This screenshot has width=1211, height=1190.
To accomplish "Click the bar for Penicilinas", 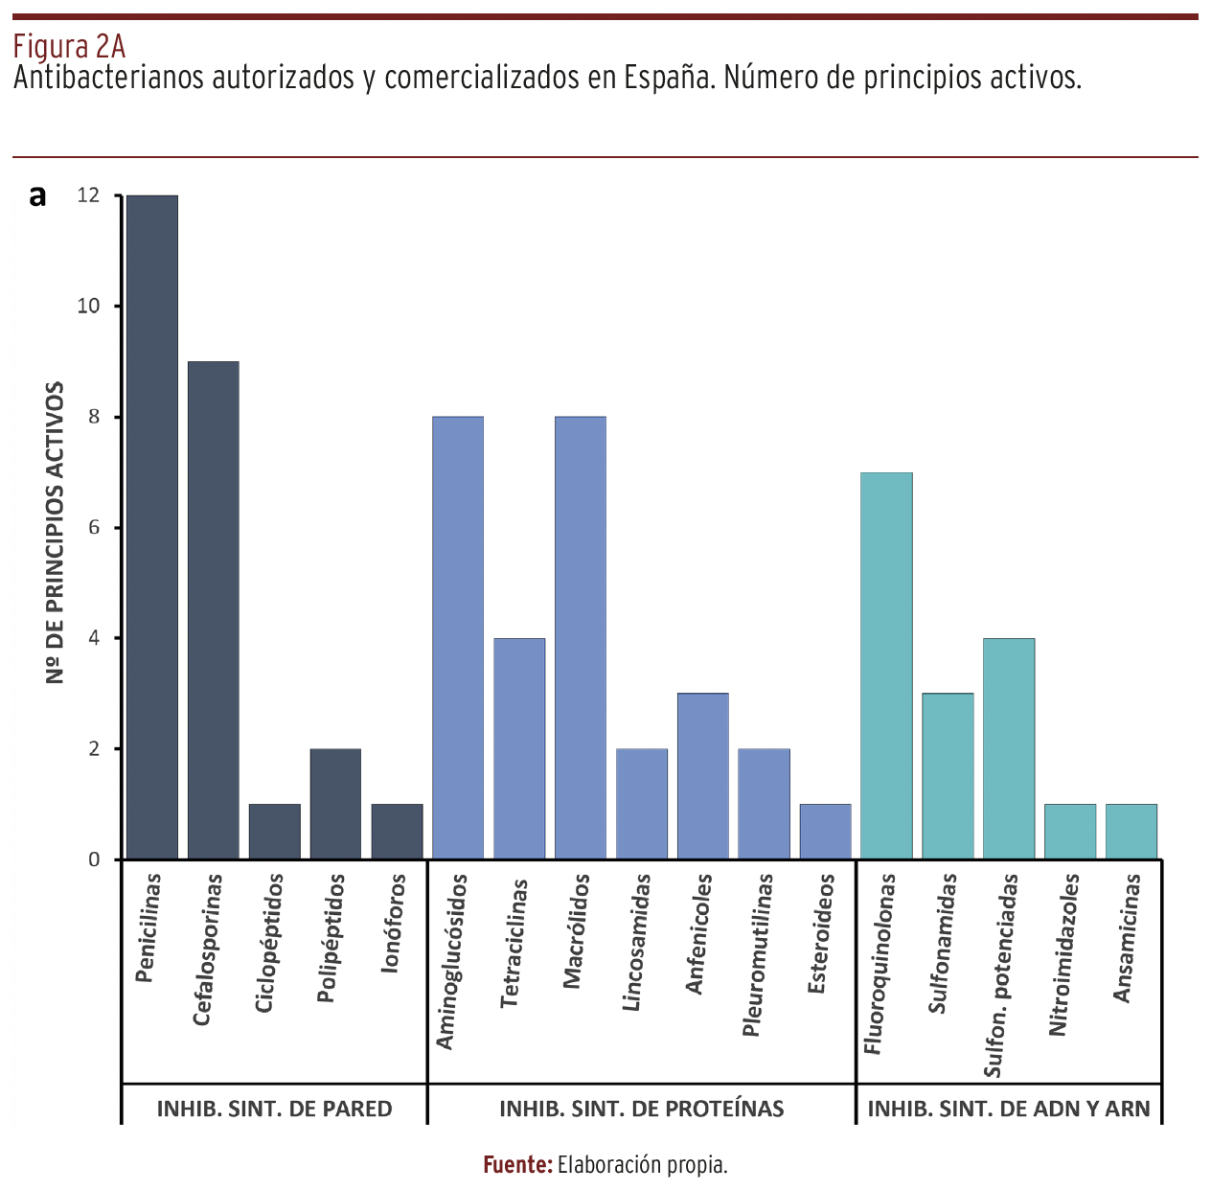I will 152,527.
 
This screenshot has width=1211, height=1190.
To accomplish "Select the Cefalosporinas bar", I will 214,609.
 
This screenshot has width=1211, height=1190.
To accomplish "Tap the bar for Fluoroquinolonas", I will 886,665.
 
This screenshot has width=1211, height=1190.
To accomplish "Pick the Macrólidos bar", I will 581,637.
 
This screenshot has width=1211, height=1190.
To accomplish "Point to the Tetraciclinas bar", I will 519,748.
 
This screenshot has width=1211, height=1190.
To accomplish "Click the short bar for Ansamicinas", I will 1131,831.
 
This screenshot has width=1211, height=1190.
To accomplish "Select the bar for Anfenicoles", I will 703,775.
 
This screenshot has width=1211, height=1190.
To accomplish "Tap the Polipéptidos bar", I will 335,803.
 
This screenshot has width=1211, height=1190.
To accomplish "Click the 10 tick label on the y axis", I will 88,307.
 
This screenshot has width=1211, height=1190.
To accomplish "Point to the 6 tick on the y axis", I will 94,528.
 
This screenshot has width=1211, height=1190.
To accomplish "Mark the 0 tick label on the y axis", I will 94,859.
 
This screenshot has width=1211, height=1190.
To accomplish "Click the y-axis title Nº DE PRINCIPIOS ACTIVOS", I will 56,533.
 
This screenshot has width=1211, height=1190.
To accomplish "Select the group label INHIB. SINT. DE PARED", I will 274,1109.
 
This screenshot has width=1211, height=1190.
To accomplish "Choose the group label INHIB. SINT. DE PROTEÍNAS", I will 641,1109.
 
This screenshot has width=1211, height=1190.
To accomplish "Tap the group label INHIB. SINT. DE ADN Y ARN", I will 1008,1109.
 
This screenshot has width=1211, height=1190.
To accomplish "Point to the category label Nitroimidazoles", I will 1058,954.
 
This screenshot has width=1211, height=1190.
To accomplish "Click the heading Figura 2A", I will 69,46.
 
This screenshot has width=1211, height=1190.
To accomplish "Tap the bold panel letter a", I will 37,196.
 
